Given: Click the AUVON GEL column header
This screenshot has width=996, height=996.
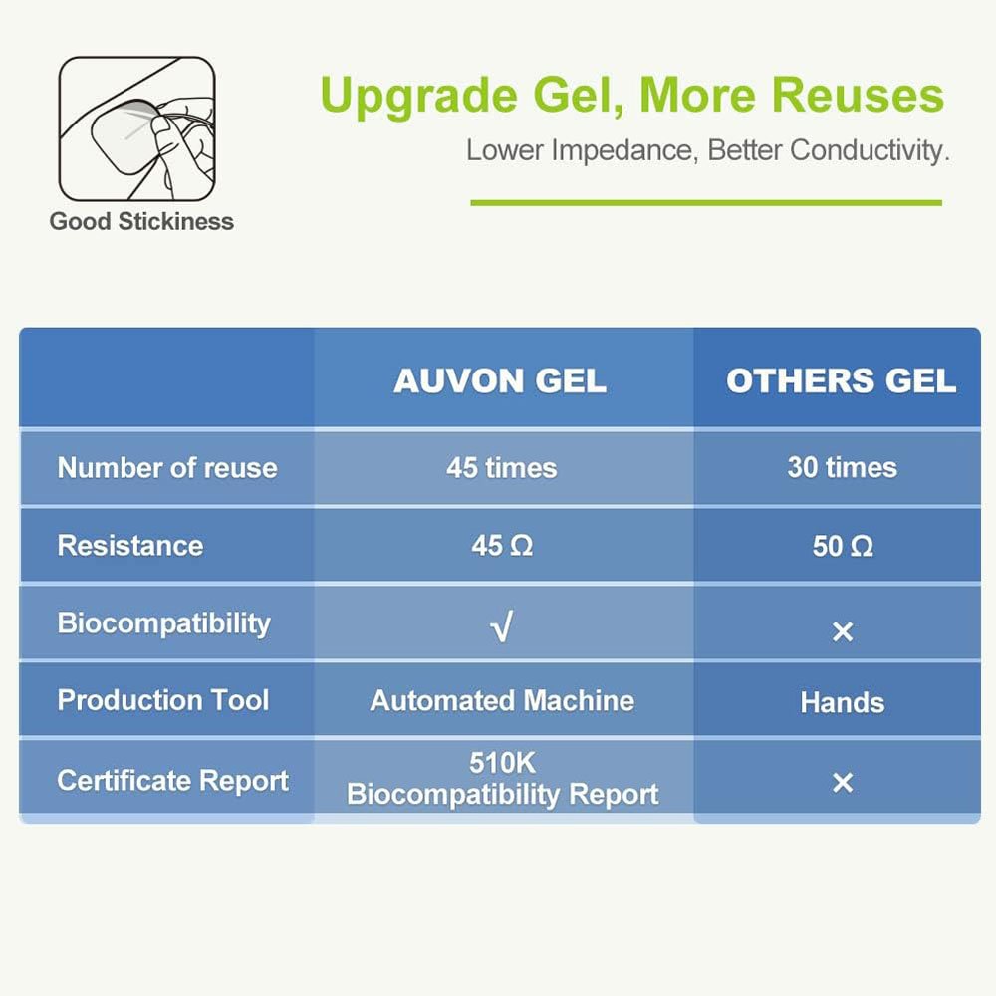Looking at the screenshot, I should click(x=500, y=381).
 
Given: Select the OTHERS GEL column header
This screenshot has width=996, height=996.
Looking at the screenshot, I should click(x=841, y=381).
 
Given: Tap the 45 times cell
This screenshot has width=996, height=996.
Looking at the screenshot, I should click(x=501, y=468).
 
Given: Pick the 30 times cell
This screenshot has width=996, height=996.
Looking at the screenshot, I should click(x=842, y=468).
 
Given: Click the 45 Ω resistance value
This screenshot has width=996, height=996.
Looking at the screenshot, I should click(x=502, y=546).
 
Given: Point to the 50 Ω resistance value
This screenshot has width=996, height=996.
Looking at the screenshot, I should click(x=843, y=546).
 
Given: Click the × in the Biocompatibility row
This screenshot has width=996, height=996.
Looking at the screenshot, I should click(x=843, y=631).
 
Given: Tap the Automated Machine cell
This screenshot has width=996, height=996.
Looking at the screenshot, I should click(x=502, y=700).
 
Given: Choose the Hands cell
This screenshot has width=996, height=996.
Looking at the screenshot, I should click(x=843, y=703).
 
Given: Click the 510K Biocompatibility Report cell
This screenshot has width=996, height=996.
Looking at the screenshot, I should click(x=502, y=779).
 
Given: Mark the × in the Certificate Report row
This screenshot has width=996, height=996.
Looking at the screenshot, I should click(x=843, y=783).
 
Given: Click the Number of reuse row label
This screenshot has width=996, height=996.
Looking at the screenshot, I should click(x=167, y=468).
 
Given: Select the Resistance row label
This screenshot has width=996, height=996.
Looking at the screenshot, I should click(x=130, y=546).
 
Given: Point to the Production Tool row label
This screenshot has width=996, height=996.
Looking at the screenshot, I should click(x=163, y=700).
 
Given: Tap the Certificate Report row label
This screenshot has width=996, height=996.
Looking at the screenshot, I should click(x=173, y=780).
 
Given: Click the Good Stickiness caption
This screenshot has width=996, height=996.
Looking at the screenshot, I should click(x=141, y=221).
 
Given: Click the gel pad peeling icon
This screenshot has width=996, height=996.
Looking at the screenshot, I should click(x=137, y=126).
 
